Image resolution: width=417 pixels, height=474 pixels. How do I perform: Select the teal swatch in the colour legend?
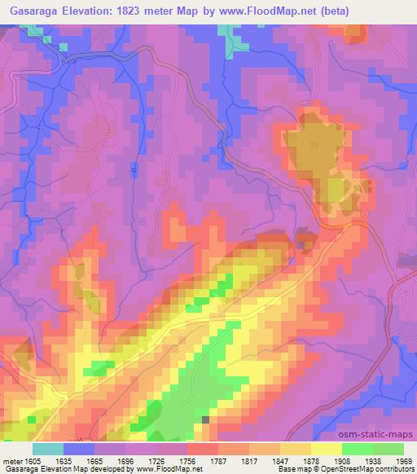click(48, 449)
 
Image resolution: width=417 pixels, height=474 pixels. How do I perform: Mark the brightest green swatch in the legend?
click(358, 449)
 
